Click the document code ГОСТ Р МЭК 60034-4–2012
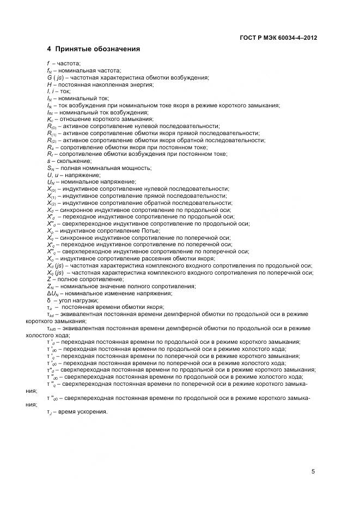pos(278,38)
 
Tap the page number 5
pos(313,472)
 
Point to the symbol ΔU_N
pos(53,293)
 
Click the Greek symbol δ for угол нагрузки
pos(49,300)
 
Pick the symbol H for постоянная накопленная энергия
pos(49,84)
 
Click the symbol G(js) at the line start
pos(57,77)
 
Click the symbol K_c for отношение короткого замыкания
pos(51,119)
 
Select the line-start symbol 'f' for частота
pos(48,64)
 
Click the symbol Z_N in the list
pos(51,286)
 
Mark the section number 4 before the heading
pos(49,49)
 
